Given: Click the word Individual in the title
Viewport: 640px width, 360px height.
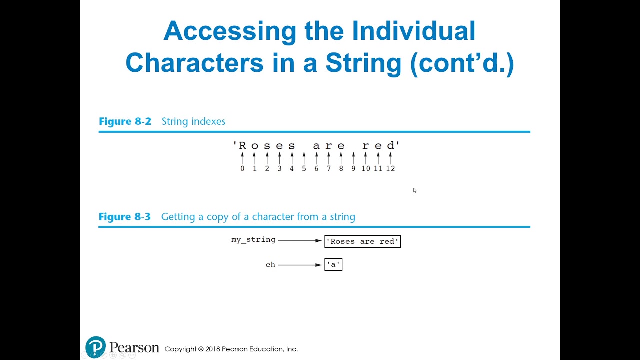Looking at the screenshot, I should tap(413, 32).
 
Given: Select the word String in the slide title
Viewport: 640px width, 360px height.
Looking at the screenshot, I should tap(363, 63).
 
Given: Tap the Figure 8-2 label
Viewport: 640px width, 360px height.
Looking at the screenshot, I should tap(125, 121).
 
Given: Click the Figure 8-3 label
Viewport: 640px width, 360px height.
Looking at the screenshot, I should tap(125, 217).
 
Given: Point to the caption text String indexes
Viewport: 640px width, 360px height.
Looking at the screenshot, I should tap(193, 121).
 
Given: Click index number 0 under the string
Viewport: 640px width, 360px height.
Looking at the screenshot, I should tap(242, 169).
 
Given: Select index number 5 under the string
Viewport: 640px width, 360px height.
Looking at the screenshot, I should tap(304, 169).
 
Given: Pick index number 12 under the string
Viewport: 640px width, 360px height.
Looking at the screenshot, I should tap(390, 169).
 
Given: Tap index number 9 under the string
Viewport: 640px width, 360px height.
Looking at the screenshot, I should tap(353, 169).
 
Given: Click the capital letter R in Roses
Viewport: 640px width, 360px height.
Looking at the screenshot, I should tap(243, 146).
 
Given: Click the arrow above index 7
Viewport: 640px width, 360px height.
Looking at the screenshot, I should tap(329, 158).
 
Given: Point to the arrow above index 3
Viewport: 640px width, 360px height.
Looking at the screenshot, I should tap(279, 158).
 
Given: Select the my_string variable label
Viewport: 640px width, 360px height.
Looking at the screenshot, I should tap(253, 240).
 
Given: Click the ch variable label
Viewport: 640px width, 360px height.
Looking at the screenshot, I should tap(270, 265).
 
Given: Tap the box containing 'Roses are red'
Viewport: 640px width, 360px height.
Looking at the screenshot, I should tap(362, 241).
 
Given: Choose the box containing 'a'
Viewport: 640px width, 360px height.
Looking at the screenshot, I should tap(333, 265).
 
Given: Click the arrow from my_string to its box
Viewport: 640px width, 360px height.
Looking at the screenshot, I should tap(300, 240).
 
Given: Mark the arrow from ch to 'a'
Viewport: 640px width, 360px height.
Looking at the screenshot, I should tap(300, 265).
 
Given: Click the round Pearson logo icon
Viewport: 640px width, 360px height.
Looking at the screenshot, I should tap(96, 347).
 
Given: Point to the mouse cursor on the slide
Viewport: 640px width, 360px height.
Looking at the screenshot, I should tap(415, 190).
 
